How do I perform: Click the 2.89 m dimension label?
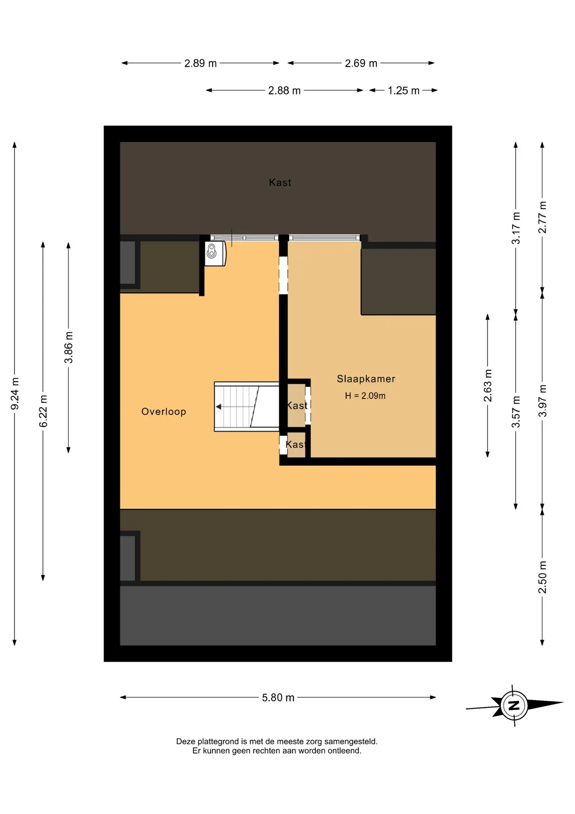(x=200, y=63)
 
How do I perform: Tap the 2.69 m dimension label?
(x=361, y=63)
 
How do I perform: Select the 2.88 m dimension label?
(x=284, y=90)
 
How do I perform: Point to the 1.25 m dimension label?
(x=403, y=90)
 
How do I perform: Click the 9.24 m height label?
(x=15, y=393)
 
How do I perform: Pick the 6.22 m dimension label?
(x=43, y=411)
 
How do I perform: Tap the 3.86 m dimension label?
(x=69, y=348)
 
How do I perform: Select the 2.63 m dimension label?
(x=488, y=385)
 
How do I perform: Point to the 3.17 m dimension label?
(x=516, y=228)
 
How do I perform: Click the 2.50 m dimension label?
(x=542, y=577)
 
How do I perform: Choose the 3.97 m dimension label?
(x=542, y=401)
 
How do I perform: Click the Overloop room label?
(x=163, y=412)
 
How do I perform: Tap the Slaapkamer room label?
(x=366, y=379)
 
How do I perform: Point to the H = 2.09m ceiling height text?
(x=365, y=396)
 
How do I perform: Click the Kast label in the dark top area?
(x=280, y=182)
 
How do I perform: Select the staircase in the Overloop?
(x=246, y=407)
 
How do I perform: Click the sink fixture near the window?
(x=215, y=253)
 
